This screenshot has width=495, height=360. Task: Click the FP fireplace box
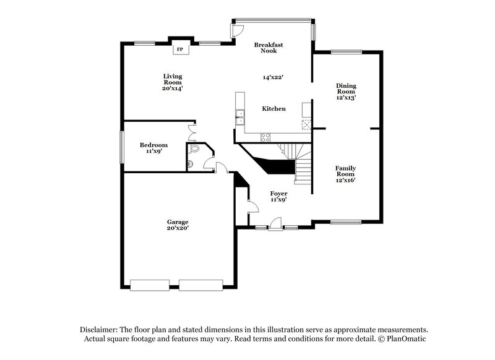pyautogui.click(x=180, y=49)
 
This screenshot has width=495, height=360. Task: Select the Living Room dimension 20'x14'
pyautogui.click(x=173, y=88)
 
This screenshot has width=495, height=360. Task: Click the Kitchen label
pyautogui.click(x=273, y=109)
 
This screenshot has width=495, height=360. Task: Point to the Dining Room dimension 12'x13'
pyautogui.click(x=346, y=97)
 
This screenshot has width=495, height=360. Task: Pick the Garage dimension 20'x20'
pyautogui.click(x=177, y=228)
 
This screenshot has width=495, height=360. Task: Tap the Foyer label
pyautogui.click(x=278, y=193)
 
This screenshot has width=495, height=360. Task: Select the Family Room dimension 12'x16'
pyautogui.click(x=345, y=179)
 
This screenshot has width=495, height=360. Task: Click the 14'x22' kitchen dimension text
pyautogui.click(x=273, y=78)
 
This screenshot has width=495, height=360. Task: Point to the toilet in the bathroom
pyautogui.click(x=195, y=148)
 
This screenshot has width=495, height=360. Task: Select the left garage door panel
pyautogui.click(x=149, y=285)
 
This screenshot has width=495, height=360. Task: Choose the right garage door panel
pyautogui.click(x=200, y=285)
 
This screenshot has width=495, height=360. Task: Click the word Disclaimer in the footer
pyautogui.click(x=99, y=330)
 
